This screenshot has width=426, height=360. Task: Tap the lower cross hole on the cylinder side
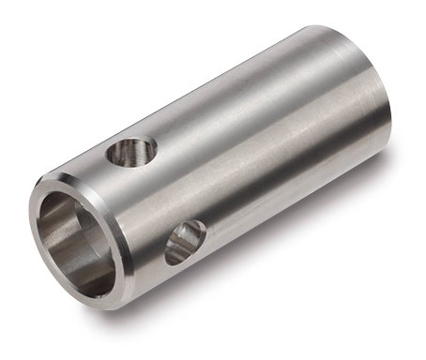coord(185,241)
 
